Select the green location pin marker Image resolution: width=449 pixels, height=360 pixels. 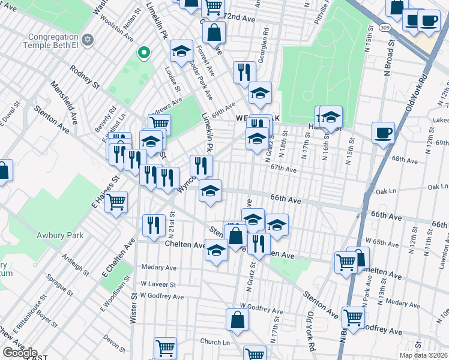143,54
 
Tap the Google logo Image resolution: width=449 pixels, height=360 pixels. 19,353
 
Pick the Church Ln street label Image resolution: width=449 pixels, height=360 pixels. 215,342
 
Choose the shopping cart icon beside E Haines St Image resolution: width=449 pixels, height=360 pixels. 116,202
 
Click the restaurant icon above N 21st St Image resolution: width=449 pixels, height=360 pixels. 154,225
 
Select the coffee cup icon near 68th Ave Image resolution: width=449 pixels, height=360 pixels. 382,133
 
